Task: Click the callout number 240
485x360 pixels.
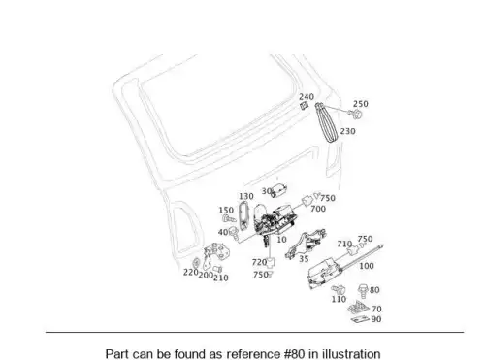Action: (x=307, y=97)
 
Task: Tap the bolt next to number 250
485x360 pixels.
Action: (x=355, y=114)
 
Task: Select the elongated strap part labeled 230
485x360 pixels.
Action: (x=326, y=122)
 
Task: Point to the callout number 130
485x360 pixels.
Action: (x=246, y=196)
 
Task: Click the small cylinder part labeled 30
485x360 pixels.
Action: (x=279, y=190)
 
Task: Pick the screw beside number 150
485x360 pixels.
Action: (x=229, y=219)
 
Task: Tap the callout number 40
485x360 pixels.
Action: (x=223, y=232)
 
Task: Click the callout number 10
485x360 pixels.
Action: (x=281, y=240)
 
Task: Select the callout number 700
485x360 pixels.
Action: (x=318, y=209)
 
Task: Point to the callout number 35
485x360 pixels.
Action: (x=304, y=259)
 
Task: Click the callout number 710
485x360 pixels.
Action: (x=344, y=244)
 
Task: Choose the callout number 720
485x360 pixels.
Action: (x=259, y=262)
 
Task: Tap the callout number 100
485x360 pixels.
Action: (x=367, y=266)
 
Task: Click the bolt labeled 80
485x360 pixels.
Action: (x=363, y=291)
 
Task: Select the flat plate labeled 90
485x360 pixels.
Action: (x=360, y=319)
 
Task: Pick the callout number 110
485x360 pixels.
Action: (x=339, y=299)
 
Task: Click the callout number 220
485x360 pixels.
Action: (x=190, y=273)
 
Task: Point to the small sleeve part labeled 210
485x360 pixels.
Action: (x=218, y=269)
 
